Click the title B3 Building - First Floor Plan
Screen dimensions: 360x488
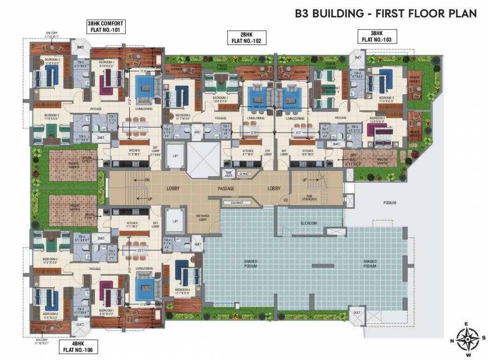click(385, 13)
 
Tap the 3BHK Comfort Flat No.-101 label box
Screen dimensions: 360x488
click(105, 27)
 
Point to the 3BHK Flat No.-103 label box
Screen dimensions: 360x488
click(377, 37)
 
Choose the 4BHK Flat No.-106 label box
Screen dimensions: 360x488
click(77, 346)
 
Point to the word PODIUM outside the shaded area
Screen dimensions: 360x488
click(389, 203)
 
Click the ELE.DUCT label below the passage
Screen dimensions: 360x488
click(236, 202)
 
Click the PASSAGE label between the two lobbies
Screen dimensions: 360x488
click(226, 188)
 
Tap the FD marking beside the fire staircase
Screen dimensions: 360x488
click(285, 200)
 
